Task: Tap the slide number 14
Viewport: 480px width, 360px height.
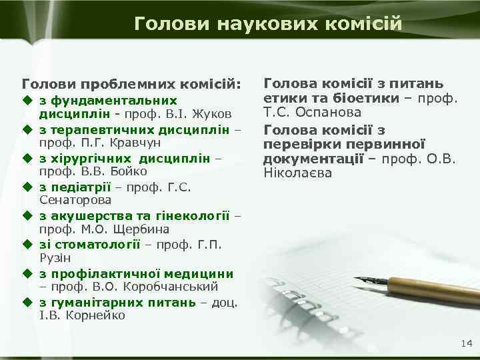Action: [x=465, y=343]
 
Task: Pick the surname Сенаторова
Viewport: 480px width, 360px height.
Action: [x=76, y=200]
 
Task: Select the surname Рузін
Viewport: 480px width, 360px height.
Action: [x=55, y=258]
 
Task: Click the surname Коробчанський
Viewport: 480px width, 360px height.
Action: [x=175, y=287]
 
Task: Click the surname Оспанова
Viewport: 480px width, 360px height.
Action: [x=332, y=113]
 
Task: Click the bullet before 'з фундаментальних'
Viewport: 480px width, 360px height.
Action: [x=27, y=99]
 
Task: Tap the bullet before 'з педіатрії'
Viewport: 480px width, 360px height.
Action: [x=27, y=186]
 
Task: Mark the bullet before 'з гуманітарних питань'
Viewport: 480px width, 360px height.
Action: [x=27, y=301]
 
